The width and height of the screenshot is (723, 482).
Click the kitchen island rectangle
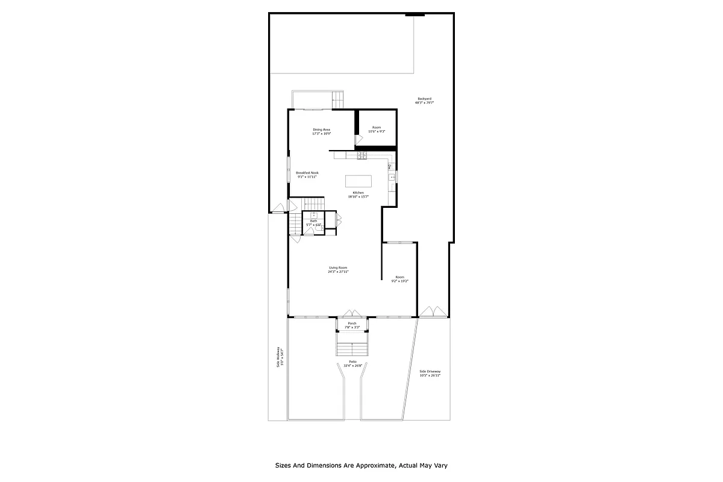(358, 181)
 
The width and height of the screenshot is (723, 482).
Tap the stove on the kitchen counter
(362, 155)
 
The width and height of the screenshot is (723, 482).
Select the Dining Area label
(321, 131)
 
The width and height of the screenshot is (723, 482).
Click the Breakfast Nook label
(307, 175)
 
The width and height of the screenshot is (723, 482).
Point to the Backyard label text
(424, 101)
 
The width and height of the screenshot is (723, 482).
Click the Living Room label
(338, 269)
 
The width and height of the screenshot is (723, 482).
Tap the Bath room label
(313, 223)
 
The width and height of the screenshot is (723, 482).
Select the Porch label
(352, 325)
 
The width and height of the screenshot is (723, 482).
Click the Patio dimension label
(352, 363)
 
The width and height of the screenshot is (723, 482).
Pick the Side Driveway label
(430, 373)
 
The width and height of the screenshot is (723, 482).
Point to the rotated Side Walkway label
(279, 357)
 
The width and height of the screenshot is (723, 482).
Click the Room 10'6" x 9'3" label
(377, 129)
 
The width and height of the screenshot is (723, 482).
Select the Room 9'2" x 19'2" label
(400, 279)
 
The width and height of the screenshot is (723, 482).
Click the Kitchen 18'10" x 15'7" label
(358, 195)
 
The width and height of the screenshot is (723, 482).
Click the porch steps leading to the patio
(352, 349)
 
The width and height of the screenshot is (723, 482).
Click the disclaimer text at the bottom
(361, 465)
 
